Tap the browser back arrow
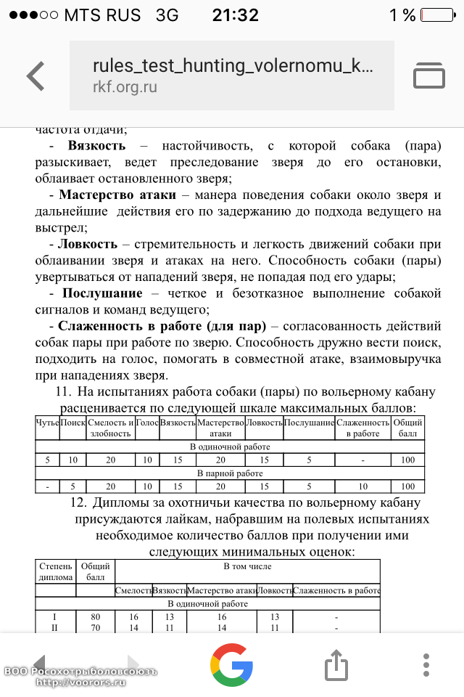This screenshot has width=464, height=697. pyautogui.click(x=36, y=76)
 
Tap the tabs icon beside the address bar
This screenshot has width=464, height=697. pyautogui.click(x=428, y=76)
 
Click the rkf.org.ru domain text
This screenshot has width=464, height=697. pyautogui.click(x=125, y=88)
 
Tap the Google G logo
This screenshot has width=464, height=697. pyautogui.click(x=232, y=664)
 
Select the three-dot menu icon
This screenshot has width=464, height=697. pyautogui.click(x=426, y=664)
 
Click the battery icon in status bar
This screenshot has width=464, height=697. pyautogui.click(x=437, y=15)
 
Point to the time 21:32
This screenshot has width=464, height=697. pyautogui.click(x=235, y=15)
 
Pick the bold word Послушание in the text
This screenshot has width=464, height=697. pyautogui.click(x=101, y=293)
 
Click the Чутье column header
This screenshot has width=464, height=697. pyautogui.click(x=47, y=422)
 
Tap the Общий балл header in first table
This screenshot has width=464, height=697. pyautogui.click(x=408, y=428)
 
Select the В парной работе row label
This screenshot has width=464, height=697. pyautogui.click(x=230, y=473)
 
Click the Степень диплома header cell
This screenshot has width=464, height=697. pyautogui.click(x=56, y=572)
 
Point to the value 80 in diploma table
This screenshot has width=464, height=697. pyautogui.click(x=95, y=617)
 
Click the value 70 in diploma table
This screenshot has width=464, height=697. pyautogui.click(x=95, y=628)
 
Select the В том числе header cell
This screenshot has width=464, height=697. pyautogui.click(x=247, y=566)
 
